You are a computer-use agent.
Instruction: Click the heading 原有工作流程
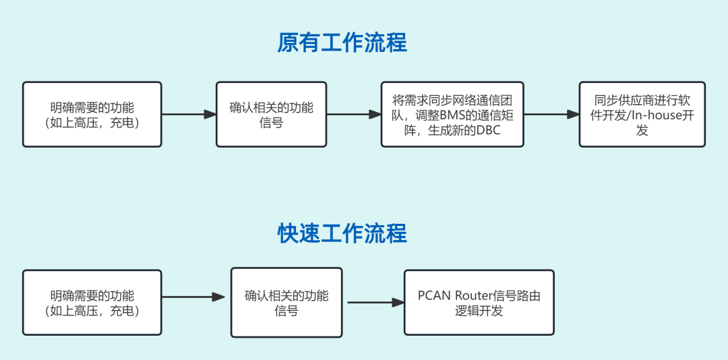point(342,43)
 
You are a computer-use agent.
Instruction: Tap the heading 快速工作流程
point(342,233)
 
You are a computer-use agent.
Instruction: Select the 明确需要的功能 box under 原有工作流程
point(92,115)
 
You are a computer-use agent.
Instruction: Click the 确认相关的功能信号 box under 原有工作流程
point(271,115)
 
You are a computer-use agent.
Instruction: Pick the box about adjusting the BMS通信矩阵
point(452,115)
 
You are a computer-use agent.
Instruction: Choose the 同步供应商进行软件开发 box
point(642,115)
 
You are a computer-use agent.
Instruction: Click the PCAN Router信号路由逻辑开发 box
point(479,303)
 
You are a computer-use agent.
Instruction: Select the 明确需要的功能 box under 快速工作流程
point(92,303)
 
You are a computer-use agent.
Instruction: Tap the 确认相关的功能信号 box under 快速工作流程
point(286,303)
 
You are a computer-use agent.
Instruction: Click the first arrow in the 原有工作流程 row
point(189,115)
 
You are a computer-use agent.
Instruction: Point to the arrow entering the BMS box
point(354,115)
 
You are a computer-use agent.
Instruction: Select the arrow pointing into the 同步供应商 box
point(551,115)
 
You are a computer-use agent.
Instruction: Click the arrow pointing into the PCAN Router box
point(375,303)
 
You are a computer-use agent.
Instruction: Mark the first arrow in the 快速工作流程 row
point(193,297)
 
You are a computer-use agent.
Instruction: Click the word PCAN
point(435,295)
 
